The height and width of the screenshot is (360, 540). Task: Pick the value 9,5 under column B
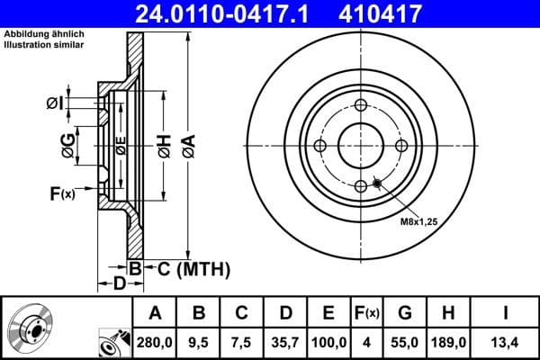200,342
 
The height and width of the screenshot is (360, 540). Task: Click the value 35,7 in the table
286,342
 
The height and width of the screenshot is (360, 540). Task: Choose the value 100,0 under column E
329,342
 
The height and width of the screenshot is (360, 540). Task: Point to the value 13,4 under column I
507,342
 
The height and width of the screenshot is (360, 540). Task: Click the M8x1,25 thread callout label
418,220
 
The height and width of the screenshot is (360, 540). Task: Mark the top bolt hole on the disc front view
360,106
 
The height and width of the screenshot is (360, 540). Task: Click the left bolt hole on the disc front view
320,146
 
